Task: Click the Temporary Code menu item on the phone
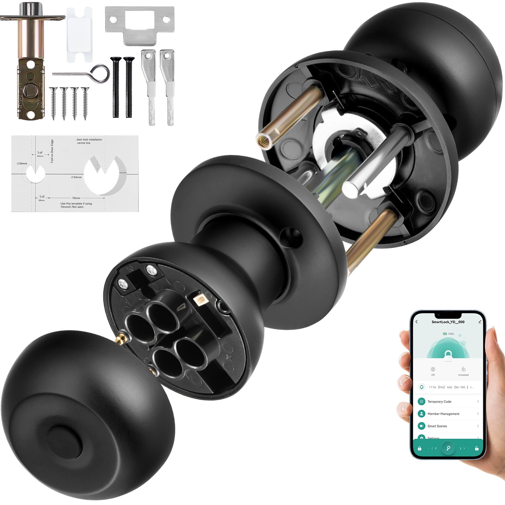439,401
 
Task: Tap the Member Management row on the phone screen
443,414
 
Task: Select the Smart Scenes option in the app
437,426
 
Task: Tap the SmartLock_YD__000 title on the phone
448,322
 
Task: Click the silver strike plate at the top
140,24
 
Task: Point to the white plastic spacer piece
80,35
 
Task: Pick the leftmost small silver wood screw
53,103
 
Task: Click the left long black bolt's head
116,59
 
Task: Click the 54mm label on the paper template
76,177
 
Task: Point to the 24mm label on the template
22,163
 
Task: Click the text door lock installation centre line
89,141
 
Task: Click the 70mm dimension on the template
76,198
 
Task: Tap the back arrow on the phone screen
417,322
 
